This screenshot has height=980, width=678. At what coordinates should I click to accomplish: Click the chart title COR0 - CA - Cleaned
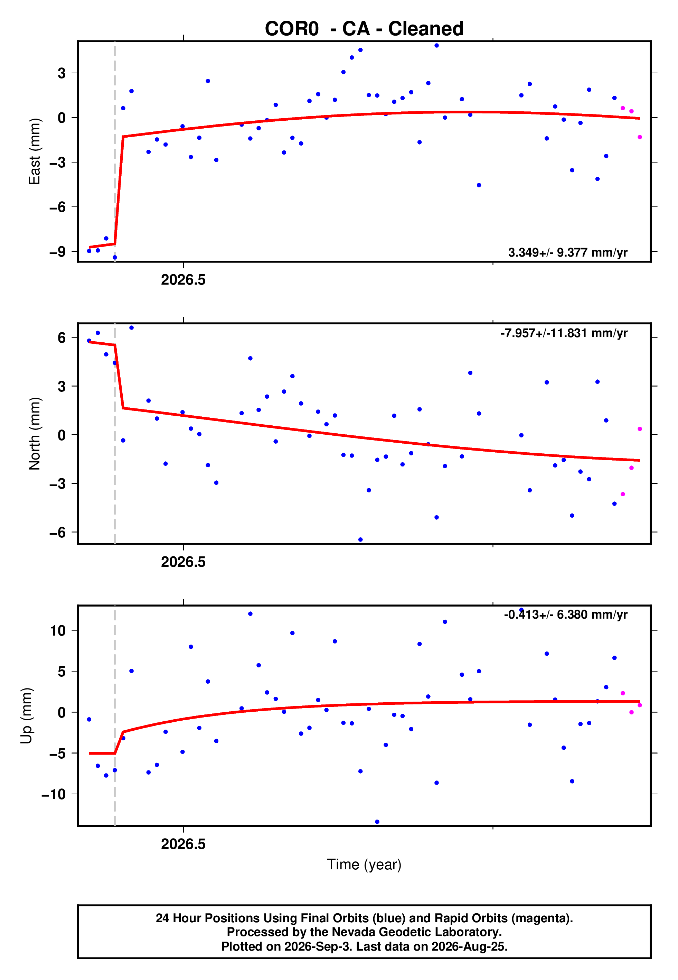364,29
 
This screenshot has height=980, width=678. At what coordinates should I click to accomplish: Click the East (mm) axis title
35,151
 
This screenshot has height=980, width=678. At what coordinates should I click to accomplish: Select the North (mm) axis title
35,434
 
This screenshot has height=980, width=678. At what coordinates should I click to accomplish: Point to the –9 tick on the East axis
57,252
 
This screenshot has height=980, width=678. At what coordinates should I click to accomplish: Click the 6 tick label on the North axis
62,338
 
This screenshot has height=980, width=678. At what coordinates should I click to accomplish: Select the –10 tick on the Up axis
54,794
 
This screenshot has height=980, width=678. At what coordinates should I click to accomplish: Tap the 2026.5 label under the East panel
183,280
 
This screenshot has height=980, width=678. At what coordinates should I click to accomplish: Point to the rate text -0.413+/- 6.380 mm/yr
565,614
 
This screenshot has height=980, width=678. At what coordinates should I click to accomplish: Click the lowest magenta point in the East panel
640,137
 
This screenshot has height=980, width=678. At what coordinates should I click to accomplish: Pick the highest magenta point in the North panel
640,429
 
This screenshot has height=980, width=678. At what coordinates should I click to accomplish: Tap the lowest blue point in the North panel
360,539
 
